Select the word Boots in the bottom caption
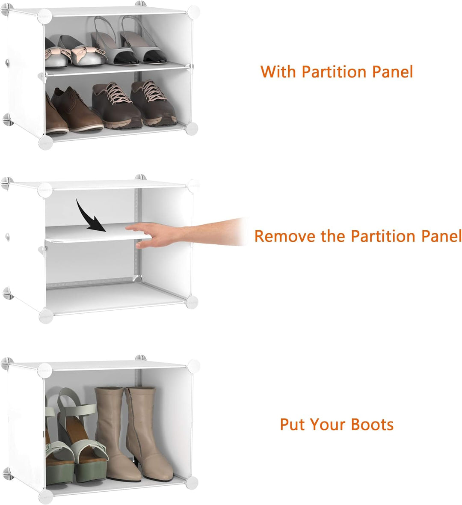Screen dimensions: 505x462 pos(372,424)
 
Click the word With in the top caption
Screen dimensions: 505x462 pos(278,71)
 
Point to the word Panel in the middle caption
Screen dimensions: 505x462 pos(440,236)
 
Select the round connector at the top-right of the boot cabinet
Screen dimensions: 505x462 pos(193,366)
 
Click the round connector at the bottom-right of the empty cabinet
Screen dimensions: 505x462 pos(192,301)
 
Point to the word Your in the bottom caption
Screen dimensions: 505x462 pos(329,424)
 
